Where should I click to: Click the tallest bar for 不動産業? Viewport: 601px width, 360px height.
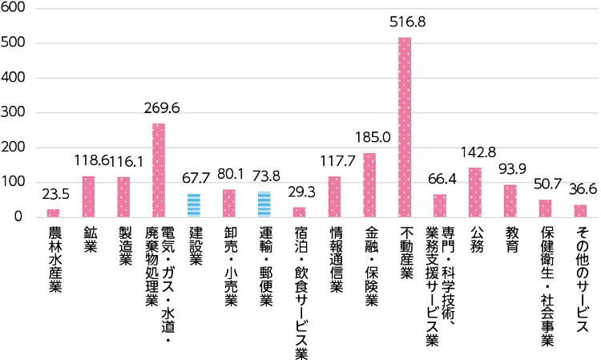405,127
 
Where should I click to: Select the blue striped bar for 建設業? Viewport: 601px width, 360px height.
194,205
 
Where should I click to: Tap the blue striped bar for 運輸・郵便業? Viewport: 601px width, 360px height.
264,204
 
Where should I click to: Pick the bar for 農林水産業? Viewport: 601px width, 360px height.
54,212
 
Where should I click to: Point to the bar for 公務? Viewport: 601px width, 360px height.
475,192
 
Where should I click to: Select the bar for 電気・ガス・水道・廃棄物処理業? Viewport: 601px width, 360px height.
159,170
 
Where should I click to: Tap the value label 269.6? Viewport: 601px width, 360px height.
161,107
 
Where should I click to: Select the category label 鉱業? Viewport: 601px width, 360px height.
89,241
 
